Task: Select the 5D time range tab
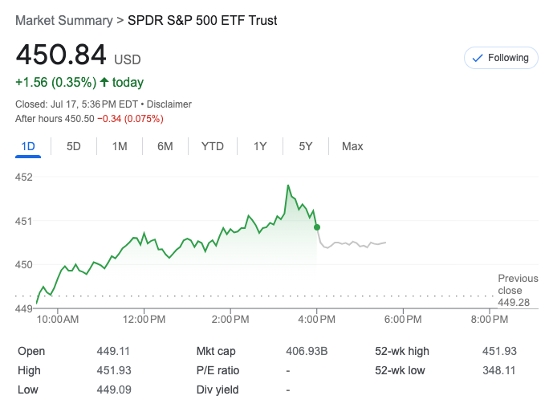74,146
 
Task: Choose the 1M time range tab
120,146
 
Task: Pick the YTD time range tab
212,146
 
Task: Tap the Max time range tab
352,146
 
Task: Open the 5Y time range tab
306,146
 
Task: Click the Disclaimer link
169,104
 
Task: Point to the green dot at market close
317,227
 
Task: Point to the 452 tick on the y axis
24,177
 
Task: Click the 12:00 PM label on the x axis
144,320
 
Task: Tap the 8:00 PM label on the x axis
489,320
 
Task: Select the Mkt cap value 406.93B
307,351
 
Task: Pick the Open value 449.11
113,351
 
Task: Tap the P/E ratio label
218,370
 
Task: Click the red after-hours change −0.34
130,119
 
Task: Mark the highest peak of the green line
287,186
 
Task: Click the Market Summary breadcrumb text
63,20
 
